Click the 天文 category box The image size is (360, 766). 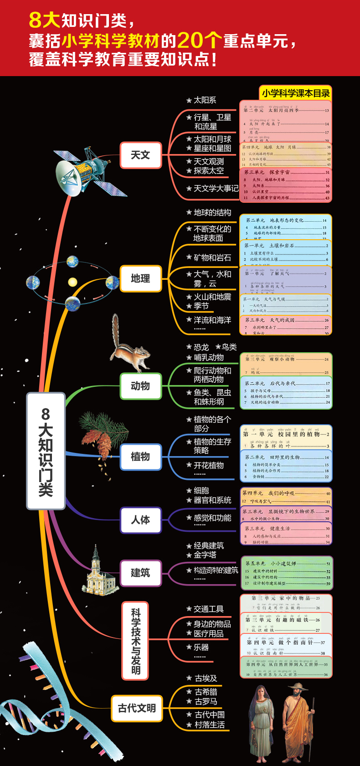click(140, 155)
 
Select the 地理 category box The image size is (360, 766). click(140, 278)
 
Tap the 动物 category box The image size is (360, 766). click(140, 386)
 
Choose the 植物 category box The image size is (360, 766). click(140, 457)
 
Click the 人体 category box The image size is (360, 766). click(140, 520)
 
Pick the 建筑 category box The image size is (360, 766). click(140, 573)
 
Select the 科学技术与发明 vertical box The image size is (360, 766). click(136, 641)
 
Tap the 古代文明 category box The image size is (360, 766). click(137, 708)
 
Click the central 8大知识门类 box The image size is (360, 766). click(46, 451)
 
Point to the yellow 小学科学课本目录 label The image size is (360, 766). click(296, 93)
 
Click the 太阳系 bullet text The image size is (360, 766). click(205, 100)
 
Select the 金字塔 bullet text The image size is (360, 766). click(205, 555)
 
